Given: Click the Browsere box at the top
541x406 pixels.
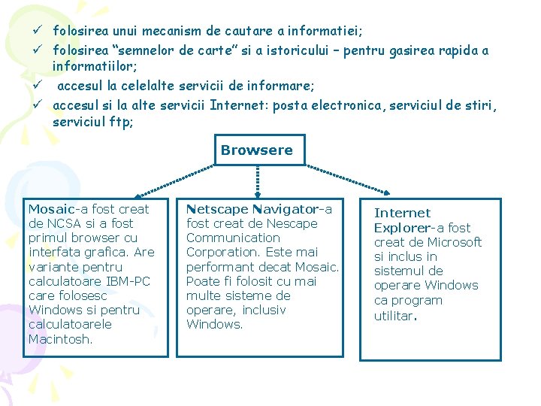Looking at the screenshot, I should pyautogui.click(x=257, y=150).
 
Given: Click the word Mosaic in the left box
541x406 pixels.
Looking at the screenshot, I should pyautogui.click(x=50, y=209).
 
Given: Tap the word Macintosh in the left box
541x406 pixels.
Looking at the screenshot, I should pyautogui.click(x=60, y=339).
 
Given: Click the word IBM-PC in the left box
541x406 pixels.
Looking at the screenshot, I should pyautogui.click(x=128, y=281).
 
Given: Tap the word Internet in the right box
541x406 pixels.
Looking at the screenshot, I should pyautogui.click(x=402, y=213).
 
